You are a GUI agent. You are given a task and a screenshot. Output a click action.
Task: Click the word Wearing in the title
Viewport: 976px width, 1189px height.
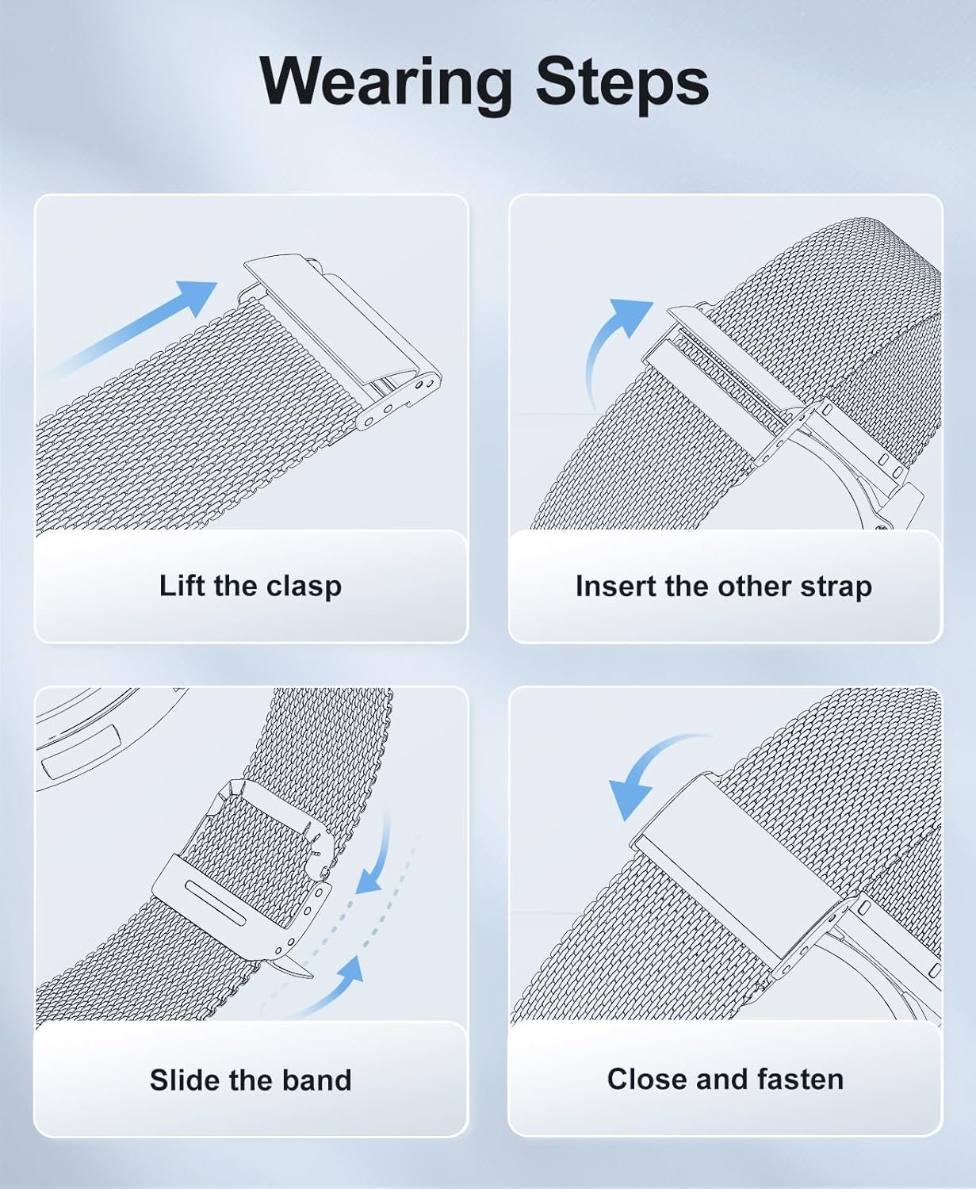386,82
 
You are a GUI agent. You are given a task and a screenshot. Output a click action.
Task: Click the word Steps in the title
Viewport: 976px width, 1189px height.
622,83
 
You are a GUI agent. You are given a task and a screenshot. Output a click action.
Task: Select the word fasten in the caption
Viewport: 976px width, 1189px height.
801,1079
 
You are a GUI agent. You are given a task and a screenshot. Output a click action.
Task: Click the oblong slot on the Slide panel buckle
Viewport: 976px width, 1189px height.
216,903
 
